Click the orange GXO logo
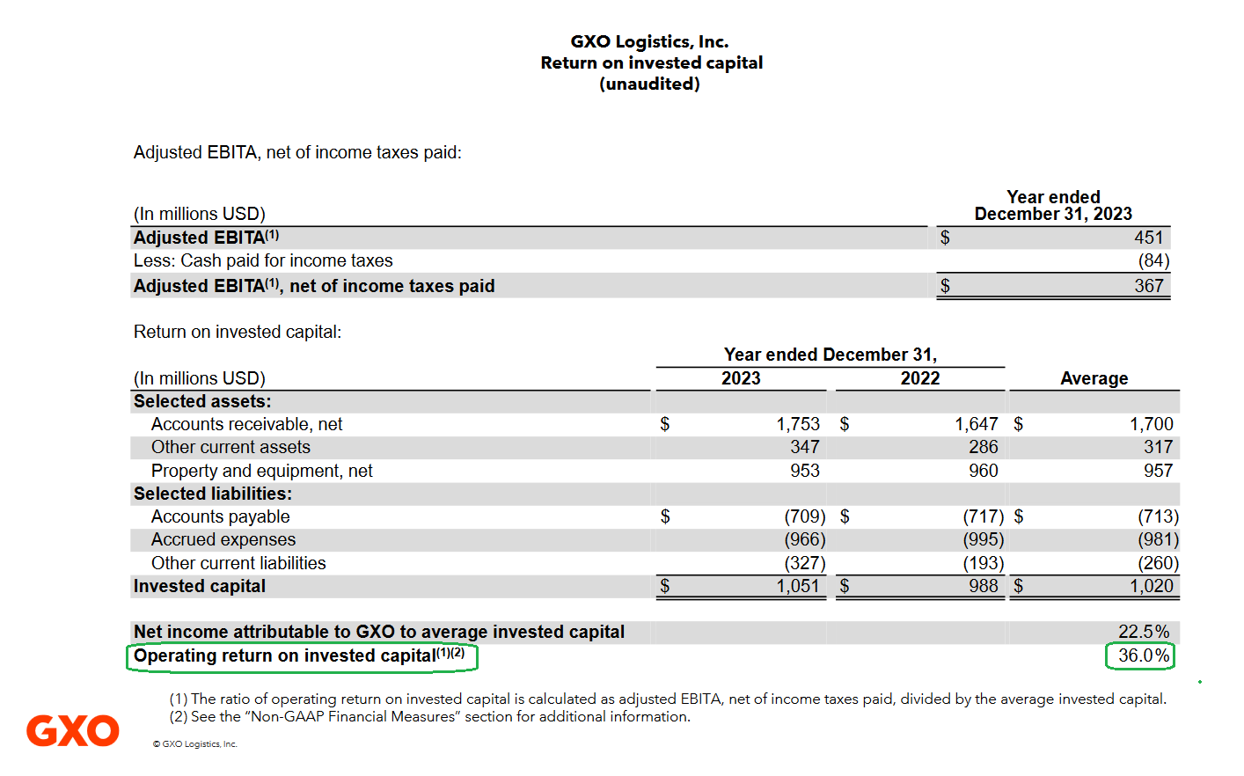(x=73, y=730)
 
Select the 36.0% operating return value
(x=1144, y=655)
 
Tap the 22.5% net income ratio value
(x=1144, y=632)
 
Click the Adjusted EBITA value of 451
(x=1148, y=238)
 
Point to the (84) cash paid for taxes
(x=1153, y=260)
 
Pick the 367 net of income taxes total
(x=1148, y=286)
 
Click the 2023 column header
(x=741, y=378)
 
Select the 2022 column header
(x=920, y=378)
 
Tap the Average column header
(x=1094, y=378)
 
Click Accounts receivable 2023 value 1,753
(x=797, y=424)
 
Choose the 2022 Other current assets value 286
(x=983, y=447)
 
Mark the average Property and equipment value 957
(x=1158, y=471)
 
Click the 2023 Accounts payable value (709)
(x=805, y=516)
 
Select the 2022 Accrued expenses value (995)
(x=983, y=539)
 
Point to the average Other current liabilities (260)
(x=1158, y=563)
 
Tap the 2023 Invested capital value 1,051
(x=797, y=586)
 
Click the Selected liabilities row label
(x=213, y=494)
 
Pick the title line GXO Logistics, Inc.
(x=649, y=41)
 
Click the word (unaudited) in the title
(x=649, y=84)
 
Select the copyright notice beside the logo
(x=195, y=743)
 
